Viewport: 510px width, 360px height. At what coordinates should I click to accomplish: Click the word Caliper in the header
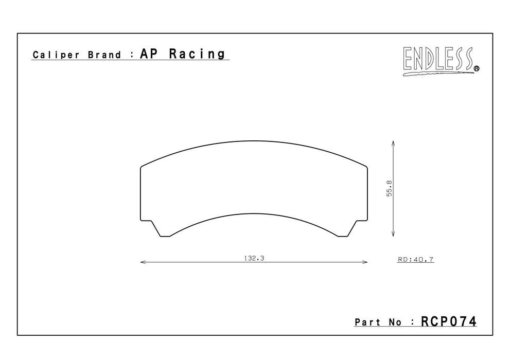pyautogui.click(x=56, y=55)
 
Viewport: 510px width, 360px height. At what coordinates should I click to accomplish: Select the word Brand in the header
pyautogui.click(x=104, y=55)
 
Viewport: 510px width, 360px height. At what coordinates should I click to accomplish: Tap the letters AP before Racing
pyautogui.click(x=149, y=53)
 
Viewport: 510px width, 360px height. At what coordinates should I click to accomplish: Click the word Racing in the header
pyautogui.click(x=197, y=54)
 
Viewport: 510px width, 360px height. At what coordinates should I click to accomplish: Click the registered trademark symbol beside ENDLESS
pyautogui.click(x=477, y=68)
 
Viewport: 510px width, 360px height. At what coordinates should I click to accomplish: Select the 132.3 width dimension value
pyautogui.click(x=254, y=258)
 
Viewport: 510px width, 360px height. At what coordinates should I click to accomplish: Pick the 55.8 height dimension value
pyautogui.click(x=390, y=188)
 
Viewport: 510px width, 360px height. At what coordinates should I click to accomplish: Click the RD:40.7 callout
pyautogui.click(x=416, y=260)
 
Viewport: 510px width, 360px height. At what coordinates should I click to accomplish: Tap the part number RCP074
pyautogui.click(x=449, y=321)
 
